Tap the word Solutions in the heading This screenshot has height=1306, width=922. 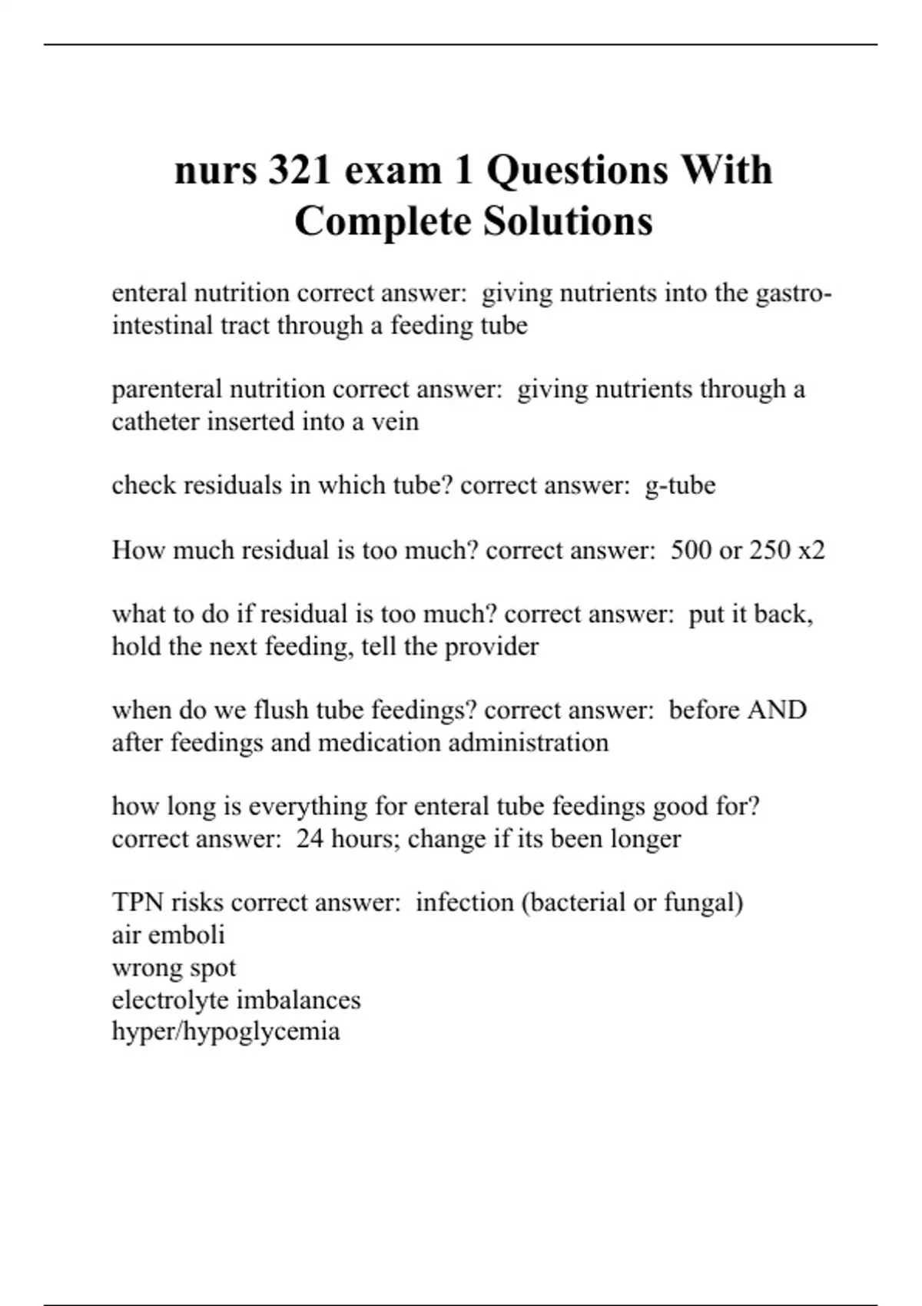click(x=568, y=221)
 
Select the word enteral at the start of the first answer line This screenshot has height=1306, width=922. click(x=149, y=293)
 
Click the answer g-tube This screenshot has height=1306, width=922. click(x=680, y=486)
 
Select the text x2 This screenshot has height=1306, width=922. click(x=811, y=550)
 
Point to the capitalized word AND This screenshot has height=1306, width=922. click(x=776, y=710)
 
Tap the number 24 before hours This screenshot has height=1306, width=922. click(x=310, y=838)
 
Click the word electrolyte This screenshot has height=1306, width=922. click(x=170, y=999)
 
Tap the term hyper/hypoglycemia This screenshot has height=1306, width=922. click(x=226, y=1031)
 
